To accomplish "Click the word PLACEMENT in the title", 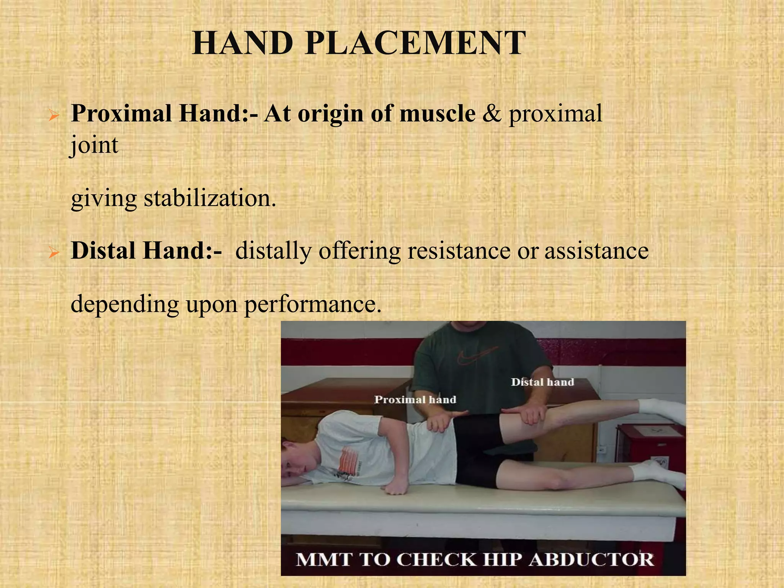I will click(x=415, y=43).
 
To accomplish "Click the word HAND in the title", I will click(x=242, y=43).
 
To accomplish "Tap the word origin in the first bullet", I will click(x=330, y=114).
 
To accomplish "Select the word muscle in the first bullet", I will click(x=438, y=114).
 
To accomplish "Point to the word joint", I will click(x=94, y=145).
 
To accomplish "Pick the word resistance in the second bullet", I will click(x=459, y=251).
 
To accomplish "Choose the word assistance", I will click(x=596, y=251).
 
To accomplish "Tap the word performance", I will click(x=313, y=305).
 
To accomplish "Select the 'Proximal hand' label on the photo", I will click(x=415, y=400).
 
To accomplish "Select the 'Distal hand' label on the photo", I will click(x=542, y=382).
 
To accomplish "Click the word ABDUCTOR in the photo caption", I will click(x=592, y=560).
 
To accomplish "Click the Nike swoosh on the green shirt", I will click(x=477, y=356).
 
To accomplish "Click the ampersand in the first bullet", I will click(x=492, y=114).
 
